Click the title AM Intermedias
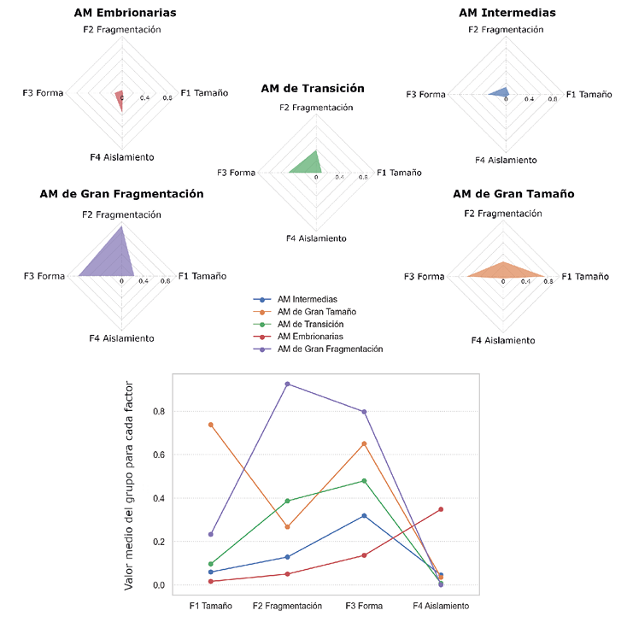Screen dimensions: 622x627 click(507, 13)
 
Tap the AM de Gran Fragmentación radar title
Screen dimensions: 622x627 click(121, 194)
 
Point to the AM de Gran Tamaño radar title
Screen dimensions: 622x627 click(503, 194)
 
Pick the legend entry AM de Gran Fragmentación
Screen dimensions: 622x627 click(330, 349)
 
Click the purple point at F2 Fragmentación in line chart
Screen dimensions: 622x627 click(287, 384)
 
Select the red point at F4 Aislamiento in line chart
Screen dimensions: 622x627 click(441, 509)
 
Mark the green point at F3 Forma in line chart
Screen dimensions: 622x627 click(364, 481)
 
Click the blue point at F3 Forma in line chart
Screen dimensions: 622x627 click(364, 515)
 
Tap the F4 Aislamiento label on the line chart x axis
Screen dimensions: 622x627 click(441, 606)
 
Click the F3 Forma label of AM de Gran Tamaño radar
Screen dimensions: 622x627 click(425, 277)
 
